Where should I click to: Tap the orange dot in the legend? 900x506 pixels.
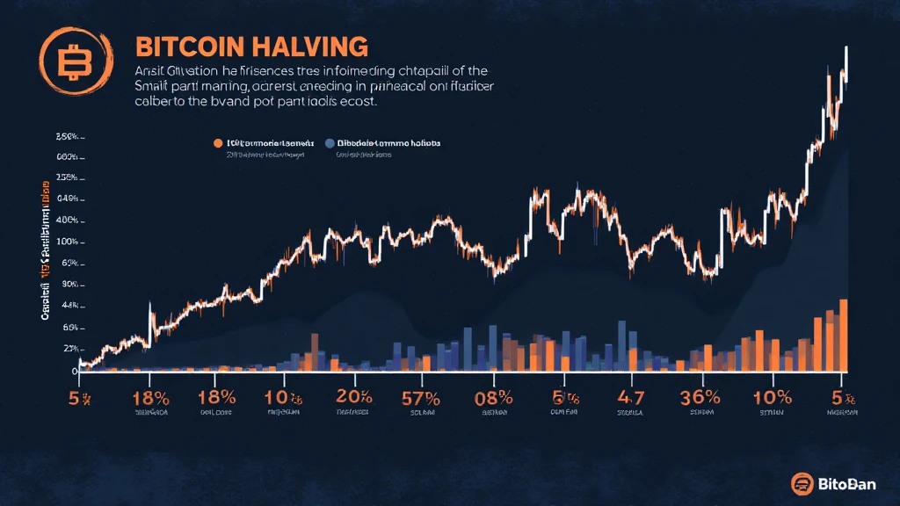[217, 142]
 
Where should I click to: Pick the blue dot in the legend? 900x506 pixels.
[330, 142]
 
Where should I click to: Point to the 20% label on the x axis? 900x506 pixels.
[352, 396]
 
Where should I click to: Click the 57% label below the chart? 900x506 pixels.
[420, 396]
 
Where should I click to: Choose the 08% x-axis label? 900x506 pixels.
[492, 396]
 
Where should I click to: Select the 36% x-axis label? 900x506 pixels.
[700, 396]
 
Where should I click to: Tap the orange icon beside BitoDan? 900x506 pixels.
[801, 482]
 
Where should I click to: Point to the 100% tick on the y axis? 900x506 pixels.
[67, 242]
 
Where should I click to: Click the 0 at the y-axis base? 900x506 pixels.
[75, 372]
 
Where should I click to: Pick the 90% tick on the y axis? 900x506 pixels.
[67, 286]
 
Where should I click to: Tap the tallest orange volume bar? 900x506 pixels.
[844, 334]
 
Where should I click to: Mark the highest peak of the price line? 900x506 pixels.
[846, 48]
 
